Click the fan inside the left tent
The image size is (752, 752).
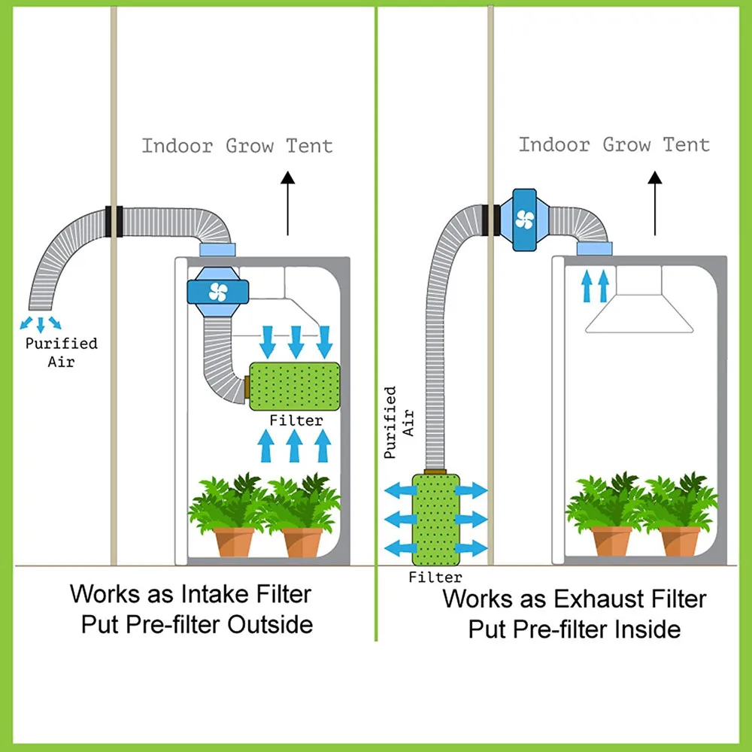(x=217, y=291)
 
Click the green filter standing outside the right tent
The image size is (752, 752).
(x=436, y=519)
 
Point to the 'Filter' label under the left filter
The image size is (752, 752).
(x=296, y=421)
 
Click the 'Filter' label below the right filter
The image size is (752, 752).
(x=435, y=578)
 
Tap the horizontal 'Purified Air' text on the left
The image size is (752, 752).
(x=61, y=352)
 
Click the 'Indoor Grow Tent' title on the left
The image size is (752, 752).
(x=237, y=145)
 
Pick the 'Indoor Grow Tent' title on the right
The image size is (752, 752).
(x=614, y=144)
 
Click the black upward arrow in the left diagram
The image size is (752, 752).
(x=287, y=203)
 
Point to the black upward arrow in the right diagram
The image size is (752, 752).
(x=654, y=203)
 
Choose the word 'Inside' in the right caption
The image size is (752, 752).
(x=644, y=629)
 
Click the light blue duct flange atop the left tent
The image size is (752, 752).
(x=217, y=250)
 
